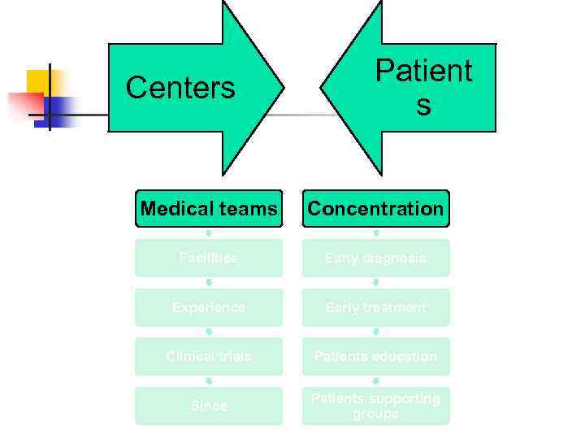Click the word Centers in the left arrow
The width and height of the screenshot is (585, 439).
click(180, 88)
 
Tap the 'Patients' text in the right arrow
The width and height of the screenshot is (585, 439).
click(422, 87)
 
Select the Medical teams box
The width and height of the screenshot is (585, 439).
click(209, 209)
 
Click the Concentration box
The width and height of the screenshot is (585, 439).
click(375, 209)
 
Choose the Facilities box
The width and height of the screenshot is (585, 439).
click(209, 258)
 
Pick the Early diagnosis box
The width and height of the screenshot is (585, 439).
click(375, 258)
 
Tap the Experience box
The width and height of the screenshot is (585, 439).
click(209, 307)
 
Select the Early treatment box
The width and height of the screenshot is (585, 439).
click(375, 307)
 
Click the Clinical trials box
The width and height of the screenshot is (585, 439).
click(209, 356)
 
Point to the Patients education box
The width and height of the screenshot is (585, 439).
click(375, 356)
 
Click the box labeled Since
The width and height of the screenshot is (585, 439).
click(209, 406)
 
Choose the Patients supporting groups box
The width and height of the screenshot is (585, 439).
click(375, 406)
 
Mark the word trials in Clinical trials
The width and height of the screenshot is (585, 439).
click(232, 356)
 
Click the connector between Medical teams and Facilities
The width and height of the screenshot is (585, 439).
click(209, 233)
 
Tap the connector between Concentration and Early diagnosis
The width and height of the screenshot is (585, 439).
click(375, 233)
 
